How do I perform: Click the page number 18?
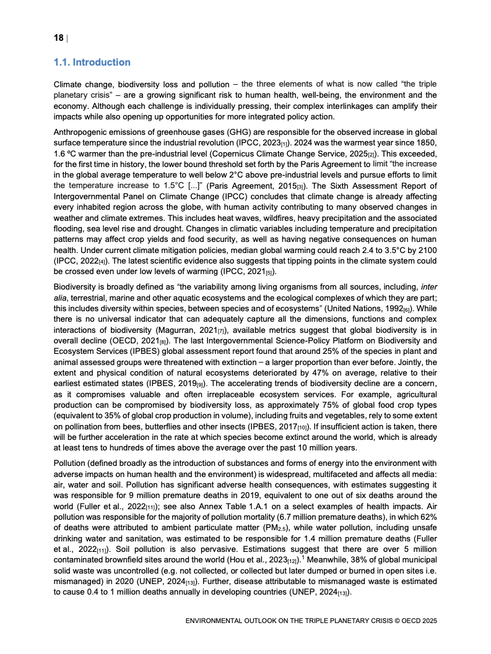click(58, 38)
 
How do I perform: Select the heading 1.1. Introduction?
click(92, 62)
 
